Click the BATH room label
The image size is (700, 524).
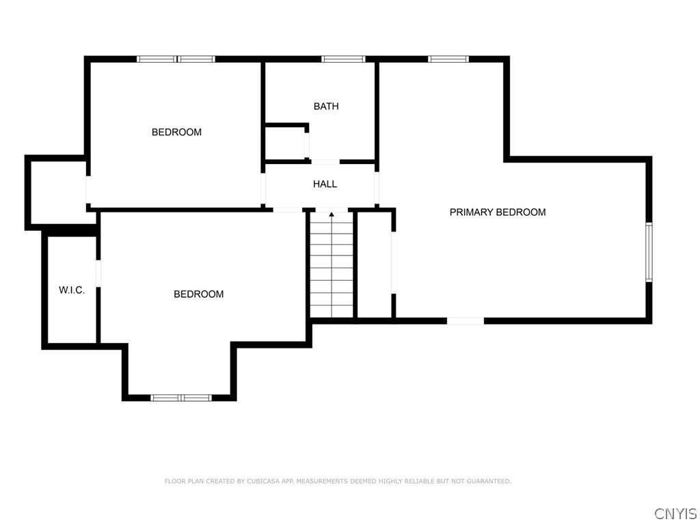coord(326,107)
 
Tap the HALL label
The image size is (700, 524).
coord(325,184)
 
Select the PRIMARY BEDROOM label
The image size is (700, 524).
coord(498,212)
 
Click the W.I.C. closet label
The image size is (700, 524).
coord(72,290)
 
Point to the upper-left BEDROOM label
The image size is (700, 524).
coord(176,133)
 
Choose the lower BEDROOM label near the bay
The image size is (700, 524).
coord(198,294)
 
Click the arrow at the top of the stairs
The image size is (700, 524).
coord(332,215)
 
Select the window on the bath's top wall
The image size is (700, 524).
coord(343,59)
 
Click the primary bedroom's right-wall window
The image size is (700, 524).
coord(649,251)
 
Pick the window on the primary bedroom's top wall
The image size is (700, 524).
coord(448,59)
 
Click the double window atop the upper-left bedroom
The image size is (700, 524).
coord(176,59)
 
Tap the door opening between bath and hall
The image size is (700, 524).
coord(325,162)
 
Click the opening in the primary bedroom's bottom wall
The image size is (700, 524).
coord(466,320)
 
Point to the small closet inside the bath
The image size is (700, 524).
coord(286,143)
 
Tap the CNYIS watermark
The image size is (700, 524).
coord(675,513)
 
